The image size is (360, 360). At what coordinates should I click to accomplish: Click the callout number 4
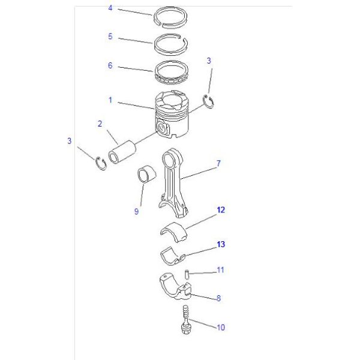(110, 8)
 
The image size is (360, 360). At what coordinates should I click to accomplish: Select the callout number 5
(110, 37)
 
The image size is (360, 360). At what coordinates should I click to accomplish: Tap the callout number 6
(110, 65)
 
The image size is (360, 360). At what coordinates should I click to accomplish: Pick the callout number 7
(218, 163)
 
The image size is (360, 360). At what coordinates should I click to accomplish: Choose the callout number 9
(136, 211)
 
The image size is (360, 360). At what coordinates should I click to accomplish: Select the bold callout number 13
(221, 244)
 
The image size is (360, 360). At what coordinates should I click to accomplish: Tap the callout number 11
(220, 271)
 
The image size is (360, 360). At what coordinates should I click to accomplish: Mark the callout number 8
(218, 298)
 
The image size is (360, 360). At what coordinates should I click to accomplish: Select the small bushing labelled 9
(146, 174)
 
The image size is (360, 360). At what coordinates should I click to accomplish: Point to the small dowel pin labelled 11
(187, 274)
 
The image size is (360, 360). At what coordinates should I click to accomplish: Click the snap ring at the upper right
(210, 103)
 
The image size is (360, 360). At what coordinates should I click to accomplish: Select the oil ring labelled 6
(173, 73)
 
